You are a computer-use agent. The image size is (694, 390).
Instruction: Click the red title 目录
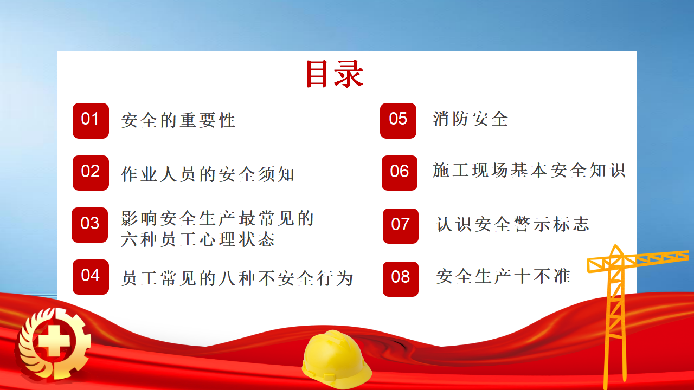(335, 74)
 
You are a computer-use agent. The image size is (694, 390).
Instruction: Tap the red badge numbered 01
(91, 121)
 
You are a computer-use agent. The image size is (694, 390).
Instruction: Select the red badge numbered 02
(91, 173)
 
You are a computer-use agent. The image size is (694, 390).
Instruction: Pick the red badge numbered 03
(90, 225)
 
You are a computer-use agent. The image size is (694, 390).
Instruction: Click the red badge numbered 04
(91, 277)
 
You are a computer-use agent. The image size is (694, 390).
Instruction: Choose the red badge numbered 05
(398, 121)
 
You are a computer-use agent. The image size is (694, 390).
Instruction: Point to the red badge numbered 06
(400, 173)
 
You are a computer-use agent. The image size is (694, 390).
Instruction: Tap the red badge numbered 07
(401, 226)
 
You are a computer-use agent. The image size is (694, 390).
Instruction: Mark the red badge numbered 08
(401, 279)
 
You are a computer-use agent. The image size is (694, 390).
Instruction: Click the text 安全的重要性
(178, 120)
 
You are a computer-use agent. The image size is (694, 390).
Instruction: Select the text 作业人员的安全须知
(208, 174)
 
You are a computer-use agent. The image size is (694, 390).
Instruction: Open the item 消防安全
(471, 119)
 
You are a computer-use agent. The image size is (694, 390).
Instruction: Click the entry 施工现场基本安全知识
(529, 170)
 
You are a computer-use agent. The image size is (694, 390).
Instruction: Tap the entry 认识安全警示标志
(512, 224)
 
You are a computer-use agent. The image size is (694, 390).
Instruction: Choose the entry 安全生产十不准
(504, 276)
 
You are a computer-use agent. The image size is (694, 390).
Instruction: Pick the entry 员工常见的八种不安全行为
(237, 278)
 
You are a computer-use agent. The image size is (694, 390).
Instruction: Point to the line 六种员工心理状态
(198, 239)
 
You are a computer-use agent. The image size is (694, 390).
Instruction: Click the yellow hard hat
(336, 359)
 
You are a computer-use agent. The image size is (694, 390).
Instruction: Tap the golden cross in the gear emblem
(54, 341)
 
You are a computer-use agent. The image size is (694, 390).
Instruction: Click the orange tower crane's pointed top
(615, 245)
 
